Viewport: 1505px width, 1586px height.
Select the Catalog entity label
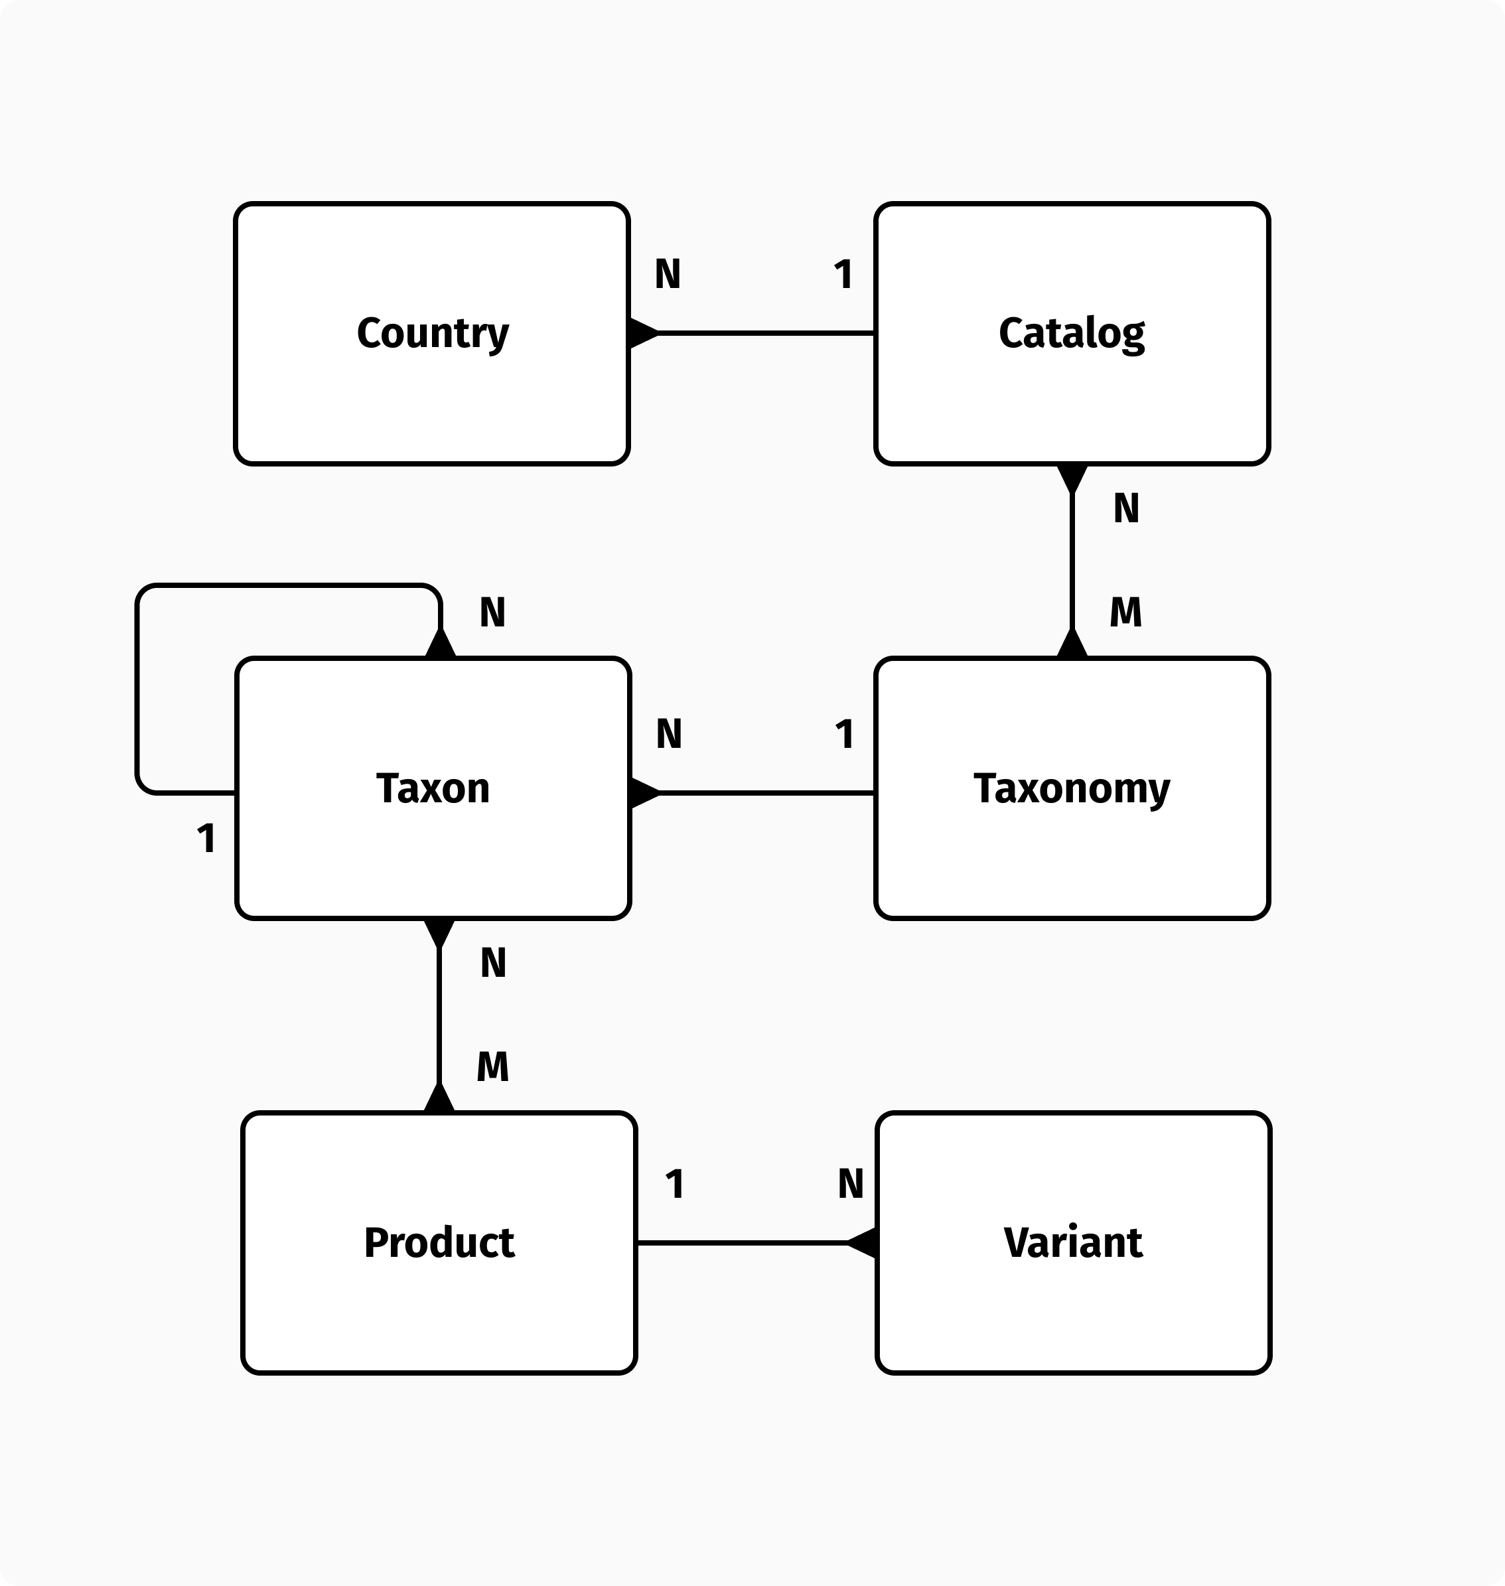(x=1071, y=333)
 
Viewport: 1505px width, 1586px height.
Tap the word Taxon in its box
(x=433, y=788)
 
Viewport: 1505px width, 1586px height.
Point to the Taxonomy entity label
(x=1071, y=788)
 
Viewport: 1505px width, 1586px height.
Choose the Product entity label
(x=439, y=1243)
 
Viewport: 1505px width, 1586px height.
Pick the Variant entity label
(x=1072, y=1243)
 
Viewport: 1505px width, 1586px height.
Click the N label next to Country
(x=668, y=274)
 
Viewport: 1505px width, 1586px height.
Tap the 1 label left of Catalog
(x=842, y=274)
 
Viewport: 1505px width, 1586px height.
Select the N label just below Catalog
(x=1125, y=508)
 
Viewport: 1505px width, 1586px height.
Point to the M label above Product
(x=492, y=1067)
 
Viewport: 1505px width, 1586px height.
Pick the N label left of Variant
(x=850, y=1184)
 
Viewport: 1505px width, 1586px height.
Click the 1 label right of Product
(x=675, y=1184)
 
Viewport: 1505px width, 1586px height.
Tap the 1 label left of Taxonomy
(x=844, y=734)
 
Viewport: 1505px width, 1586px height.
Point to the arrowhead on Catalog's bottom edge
(x=1072, y=478)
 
